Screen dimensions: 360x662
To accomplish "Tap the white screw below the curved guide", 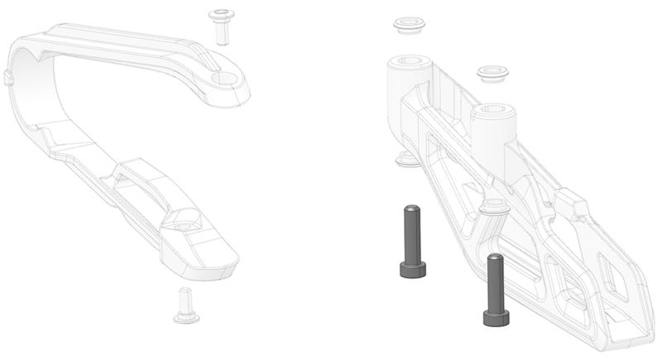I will [185, 305].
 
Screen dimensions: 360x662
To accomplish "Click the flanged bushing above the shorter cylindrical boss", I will [492, 74].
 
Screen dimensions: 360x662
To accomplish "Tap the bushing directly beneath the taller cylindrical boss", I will [406, 158].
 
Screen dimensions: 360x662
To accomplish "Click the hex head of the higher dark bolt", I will [411, 269].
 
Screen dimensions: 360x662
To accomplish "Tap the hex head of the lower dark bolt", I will [496, 317].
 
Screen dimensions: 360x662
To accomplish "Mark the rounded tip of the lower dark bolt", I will [495, 258].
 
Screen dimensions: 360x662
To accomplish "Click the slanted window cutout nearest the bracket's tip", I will [616, 277].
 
